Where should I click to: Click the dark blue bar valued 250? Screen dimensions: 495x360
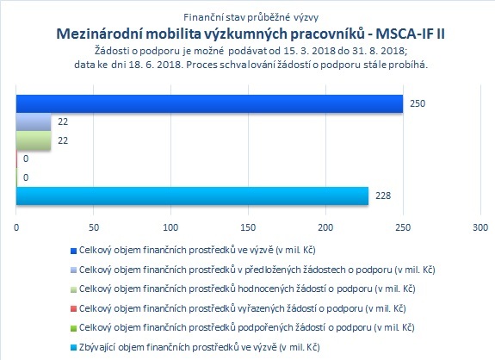(x=209, y=103)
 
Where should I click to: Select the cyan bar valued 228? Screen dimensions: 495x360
(x=192, y=196)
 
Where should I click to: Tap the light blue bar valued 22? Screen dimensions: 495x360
(x=34, y=122)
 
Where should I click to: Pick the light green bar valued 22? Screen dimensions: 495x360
(x=34, y=140)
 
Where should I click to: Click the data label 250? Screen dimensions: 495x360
(x=418, y=103)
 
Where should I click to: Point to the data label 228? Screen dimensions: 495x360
(x=383, y=196)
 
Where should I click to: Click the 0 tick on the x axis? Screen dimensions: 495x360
(x=16, y=227)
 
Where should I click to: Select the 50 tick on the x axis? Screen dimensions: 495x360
(x=94, y=227)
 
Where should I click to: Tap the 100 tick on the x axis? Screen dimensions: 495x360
(x=170, y=227)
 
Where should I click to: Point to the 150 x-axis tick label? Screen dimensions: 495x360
(x=248, y=227)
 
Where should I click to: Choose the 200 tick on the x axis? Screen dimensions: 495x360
(x=325, y=227)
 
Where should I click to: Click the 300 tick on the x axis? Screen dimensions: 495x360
(x=480, y=227)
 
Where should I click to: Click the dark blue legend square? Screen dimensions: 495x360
(x=73, y=251)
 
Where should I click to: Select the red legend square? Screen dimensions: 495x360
(x=73, y=309)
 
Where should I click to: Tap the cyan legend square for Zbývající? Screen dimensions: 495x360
(x=73, y=348)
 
